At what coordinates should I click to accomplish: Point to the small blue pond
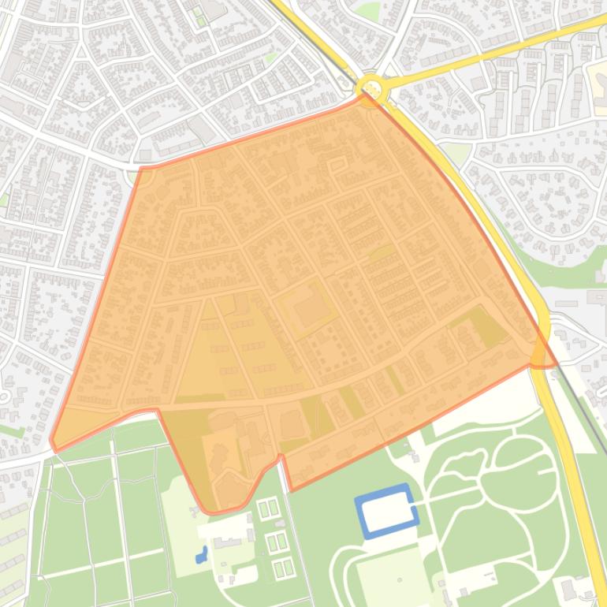(201, 556)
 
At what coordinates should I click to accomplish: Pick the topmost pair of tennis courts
(269, 508)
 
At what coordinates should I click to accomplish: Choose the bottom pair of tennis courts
(283, 567)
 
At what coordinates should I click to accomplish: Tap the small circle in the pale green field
(193, 511)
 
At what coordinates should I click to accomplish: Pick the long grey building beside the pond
(229, 543)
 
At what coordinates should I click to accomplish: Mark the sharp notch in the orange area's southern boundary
(281, 456)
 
